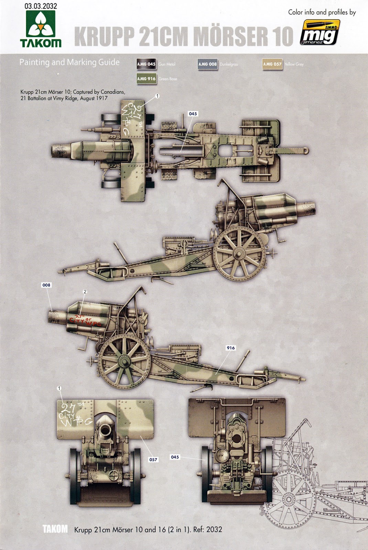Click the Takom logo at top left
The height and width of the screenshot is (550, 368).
(41, 29)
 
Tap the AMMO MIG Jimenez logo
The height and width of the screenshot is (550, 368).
(320, 32)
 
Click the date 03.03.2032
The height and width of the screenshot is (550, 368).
(41, 6)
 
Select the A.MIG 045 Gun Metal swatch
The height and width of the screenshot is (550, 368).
(146, 64)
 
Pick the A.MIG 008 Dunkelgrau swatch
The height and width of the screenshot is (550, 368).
(208, 64)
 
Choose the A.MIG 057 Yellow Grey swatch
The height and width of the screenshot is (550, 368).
(272, 64)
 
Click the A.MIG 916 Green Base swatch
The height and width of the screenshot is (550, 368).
(146, 79)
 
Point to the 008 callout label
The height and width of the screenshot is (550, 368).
(46, 285)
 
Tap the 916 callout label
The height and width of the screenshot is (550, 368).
(230, 348)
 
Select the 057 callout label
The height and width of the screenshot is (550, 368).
(153, 460)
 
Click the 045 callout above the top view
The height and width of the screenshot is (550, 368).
(193, 114)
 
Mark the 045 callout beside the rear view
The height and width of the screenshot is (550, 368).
(175, 457)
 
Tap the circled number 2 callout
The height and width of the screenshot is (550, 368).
(85, 292)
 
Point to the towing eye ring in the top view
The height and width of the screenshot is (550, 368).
(305, 151)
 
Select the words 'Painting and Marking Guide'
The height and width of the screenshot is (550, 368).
(69, 63)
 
